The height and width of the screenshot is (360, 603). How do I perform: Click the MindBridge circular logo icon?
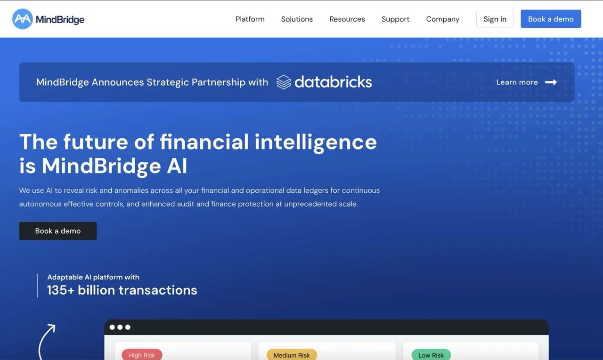coord(22,19)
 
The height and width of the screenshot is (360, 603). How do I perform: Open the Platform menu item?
coord(250,19)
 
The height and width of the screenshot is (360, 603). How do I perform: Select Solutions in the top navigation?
coord(297,19)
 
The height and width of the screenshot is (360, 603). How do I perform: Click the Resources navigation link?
coord(347,19)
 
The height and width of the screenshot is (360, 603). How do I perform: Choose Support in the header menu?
coord(395,19)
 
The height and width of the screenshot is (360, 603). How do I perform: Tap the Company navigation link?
coord(442,19)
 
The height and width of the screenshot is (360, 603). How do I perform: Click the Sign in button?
coord(495,19)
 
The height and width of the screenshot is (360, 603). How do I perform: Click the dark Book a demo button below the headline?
coord(58,231)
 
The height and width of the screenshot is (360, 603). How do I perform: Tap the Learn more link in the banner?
coord(517,82)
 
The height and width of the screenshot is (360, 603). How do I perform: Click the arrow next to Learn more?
coord(551,82)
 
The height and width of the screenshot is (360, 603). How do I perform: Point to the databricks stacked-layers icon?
coord(283,82)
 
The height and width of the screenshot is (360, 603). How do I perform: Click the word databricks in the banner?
coord(333,82)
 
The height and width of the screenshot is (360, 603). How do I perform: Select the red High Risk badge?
coord(142,355)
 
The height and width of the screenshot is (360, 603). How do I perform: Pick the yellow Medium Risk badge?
coord(292,355)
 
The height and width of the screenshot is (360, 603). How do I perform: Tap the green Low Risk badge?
coord(431,355)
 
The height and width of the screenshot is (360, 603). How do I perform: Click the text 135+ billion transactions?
coord(122,290)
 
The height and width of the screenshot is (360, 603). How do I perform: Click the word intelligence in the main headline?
coord(316,142)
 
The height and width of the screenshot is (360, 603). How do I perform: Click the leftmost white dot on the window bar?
coord(112,327)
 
